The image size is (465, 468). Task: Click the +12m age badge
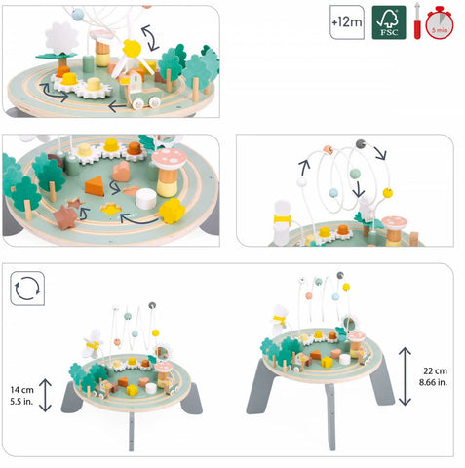pos(347,22)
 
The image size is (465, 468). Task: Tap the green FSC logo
pos(389,22)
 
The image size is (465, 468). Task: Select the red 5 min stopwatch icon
pos(440,22)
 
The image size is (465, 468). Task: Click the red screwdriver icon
pos(417,22)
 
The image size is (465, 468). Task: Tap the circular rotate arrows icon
pos(27,289)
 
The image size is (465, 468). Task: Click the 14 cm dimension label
pos(21,389)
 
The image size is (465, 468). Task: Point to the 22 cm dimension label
pos(435,370)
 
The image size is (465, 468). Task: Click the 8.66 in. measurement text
pos(433,382)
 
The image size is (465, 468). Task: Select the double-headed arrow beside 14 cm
pos(46,395)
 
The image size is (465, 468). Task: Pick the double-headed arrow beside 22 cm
pos(405,376)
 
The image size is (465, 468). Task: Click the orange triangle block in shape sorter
pos(95,186)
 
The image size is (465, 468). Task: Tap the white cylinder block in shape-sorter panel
pos(146,199)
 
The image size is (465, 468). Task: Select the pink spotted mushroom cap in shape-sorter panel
pos(169,157)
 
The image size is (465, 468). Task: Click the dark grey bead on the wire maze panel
pos(361,143)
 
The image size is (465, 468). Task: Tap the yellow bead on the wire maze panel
pos(388,193)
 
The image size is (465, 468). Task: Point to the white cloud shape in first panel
pos(61,38)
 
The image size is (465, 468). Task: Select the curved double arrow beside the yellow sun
pos(150,38)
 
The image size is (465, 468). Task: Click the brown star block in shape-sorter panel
pos(66,216)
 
